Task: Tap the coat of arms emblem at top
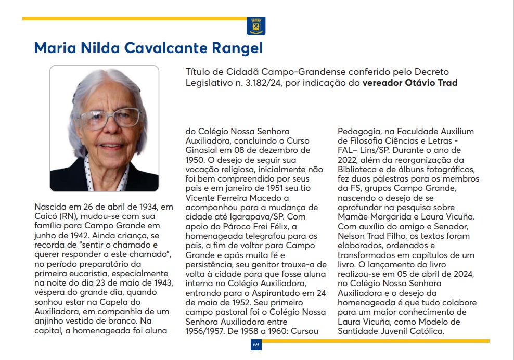point(256,25)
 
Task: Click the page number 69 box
point(256,344)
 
